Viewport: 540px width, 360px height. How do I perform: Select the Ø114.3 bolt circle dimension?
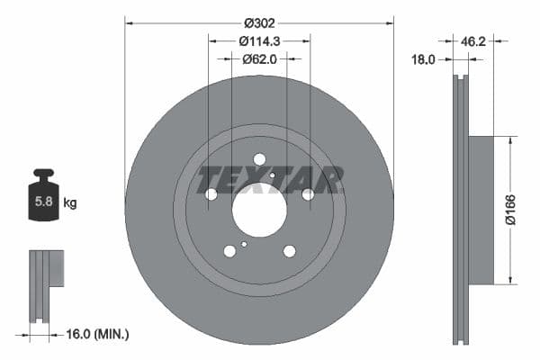click(x=259, y=40)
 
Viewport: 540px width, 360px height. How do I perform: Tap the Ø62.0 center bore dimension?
click(x=259, y=58)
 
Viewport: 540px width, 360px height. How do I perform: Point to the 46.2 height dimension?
click(x=474, y=40)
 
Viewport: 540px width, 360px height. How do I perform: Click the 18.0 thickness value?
click(x=423, y=59)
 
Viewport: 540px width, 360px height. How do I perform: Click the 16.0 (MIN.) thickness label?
click(x=96, y=334)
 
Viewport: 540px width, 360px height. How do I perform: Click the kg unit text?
click(x=70, y=203)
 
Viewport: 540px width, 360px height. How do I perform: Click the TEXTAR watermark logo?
click(x=270, y=180)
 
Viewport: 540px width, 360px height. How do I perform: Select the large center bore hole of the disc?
click(x=259, y=211)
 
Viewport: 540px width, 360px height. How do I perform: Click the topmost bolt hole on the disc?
click(x=259, y=159)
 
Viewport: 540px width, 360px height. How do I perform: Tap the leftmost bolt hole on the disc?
click(x=211, y=194)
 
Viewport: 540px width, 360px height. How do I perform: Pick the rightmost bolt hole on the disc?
click(x=308, y=194)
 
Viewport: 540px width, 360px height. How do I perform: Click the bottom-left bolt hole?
click(x=229, y=251)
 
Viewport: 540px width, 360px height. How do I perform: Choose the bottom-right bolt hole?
click(x=290, y=251)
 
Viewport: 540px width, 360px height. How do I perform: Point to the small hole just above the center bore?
click(x=272, y=175)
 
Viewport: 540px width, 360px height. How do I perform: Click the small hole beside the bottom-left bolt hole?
click(x=244, y=244)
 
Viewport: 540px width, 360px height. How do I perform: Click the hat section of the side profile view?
click(x=481, y=210)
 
